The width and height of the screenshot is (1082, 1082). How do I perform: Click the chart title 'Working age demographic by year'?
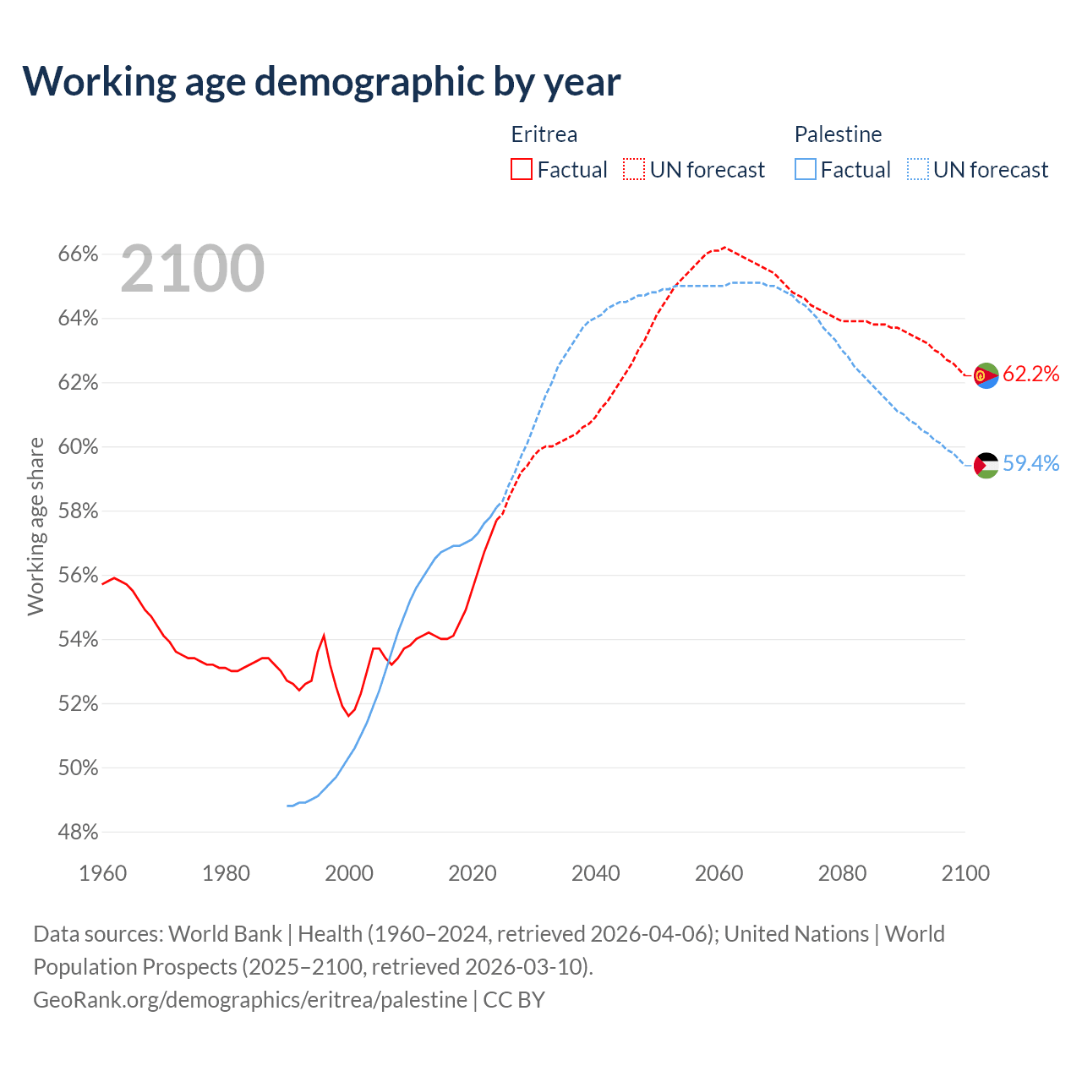click(x=321, y=81)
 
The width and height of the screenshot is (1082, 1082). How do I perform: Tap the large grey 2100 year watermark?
click(x=193, y=269)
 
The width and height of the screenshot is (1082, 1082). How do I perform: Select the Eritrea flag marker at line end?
click(x=986, y=375)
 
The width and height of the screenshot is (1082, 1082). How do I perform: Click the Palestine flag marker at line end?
click(x=986, y=465)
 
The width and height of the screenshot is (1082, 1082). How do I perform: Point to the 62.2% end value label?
click(x=1030, y=374)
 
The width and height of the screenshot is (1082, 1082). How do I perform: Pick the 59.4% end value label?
click(x=1030, y=464)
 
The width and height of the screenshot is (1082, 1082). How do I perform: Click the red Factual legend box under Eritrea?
click(x=522, y=170)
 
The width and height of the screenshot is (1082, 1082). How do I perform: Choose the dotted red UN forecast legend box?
click(x=634, y=170)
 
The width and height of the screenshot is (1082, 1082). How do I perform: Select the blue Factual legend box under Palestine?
click(x=806, y=170)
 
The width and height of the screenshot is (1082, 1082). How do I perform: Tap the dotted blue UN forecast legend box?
click(x=918, y=170)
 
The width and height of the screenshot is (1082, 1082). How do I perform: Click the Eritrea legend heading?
click(x=544, y=134)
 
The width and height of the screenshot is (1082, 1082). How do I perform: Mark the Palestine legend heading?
click(x=838, y=134)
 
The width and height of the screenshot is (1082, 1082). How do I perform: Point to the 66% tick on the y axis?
click(x=78, y=254)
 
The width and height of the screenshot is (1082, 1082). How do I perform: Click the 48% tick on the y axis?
click(x=78, y=833)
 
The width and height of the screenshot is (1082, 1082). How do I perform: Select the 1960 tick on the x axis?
click(x=102, y=873)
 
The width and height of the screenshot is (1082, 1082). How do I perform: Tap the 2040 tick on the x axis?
click(x=595, y=873)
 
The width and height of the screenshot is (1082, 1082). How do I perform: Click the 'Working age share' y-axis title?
click(x=36, y=526)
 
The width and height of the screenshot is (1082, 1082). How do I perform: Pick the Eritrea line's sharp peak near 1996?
click(x=324, y=635)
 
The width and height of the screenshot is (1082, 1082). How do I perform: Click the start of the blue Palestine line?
click(x=288, y=806)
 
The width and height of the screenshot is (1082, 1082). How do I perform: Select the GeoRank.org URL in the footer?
click(x=250, y=1000)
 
